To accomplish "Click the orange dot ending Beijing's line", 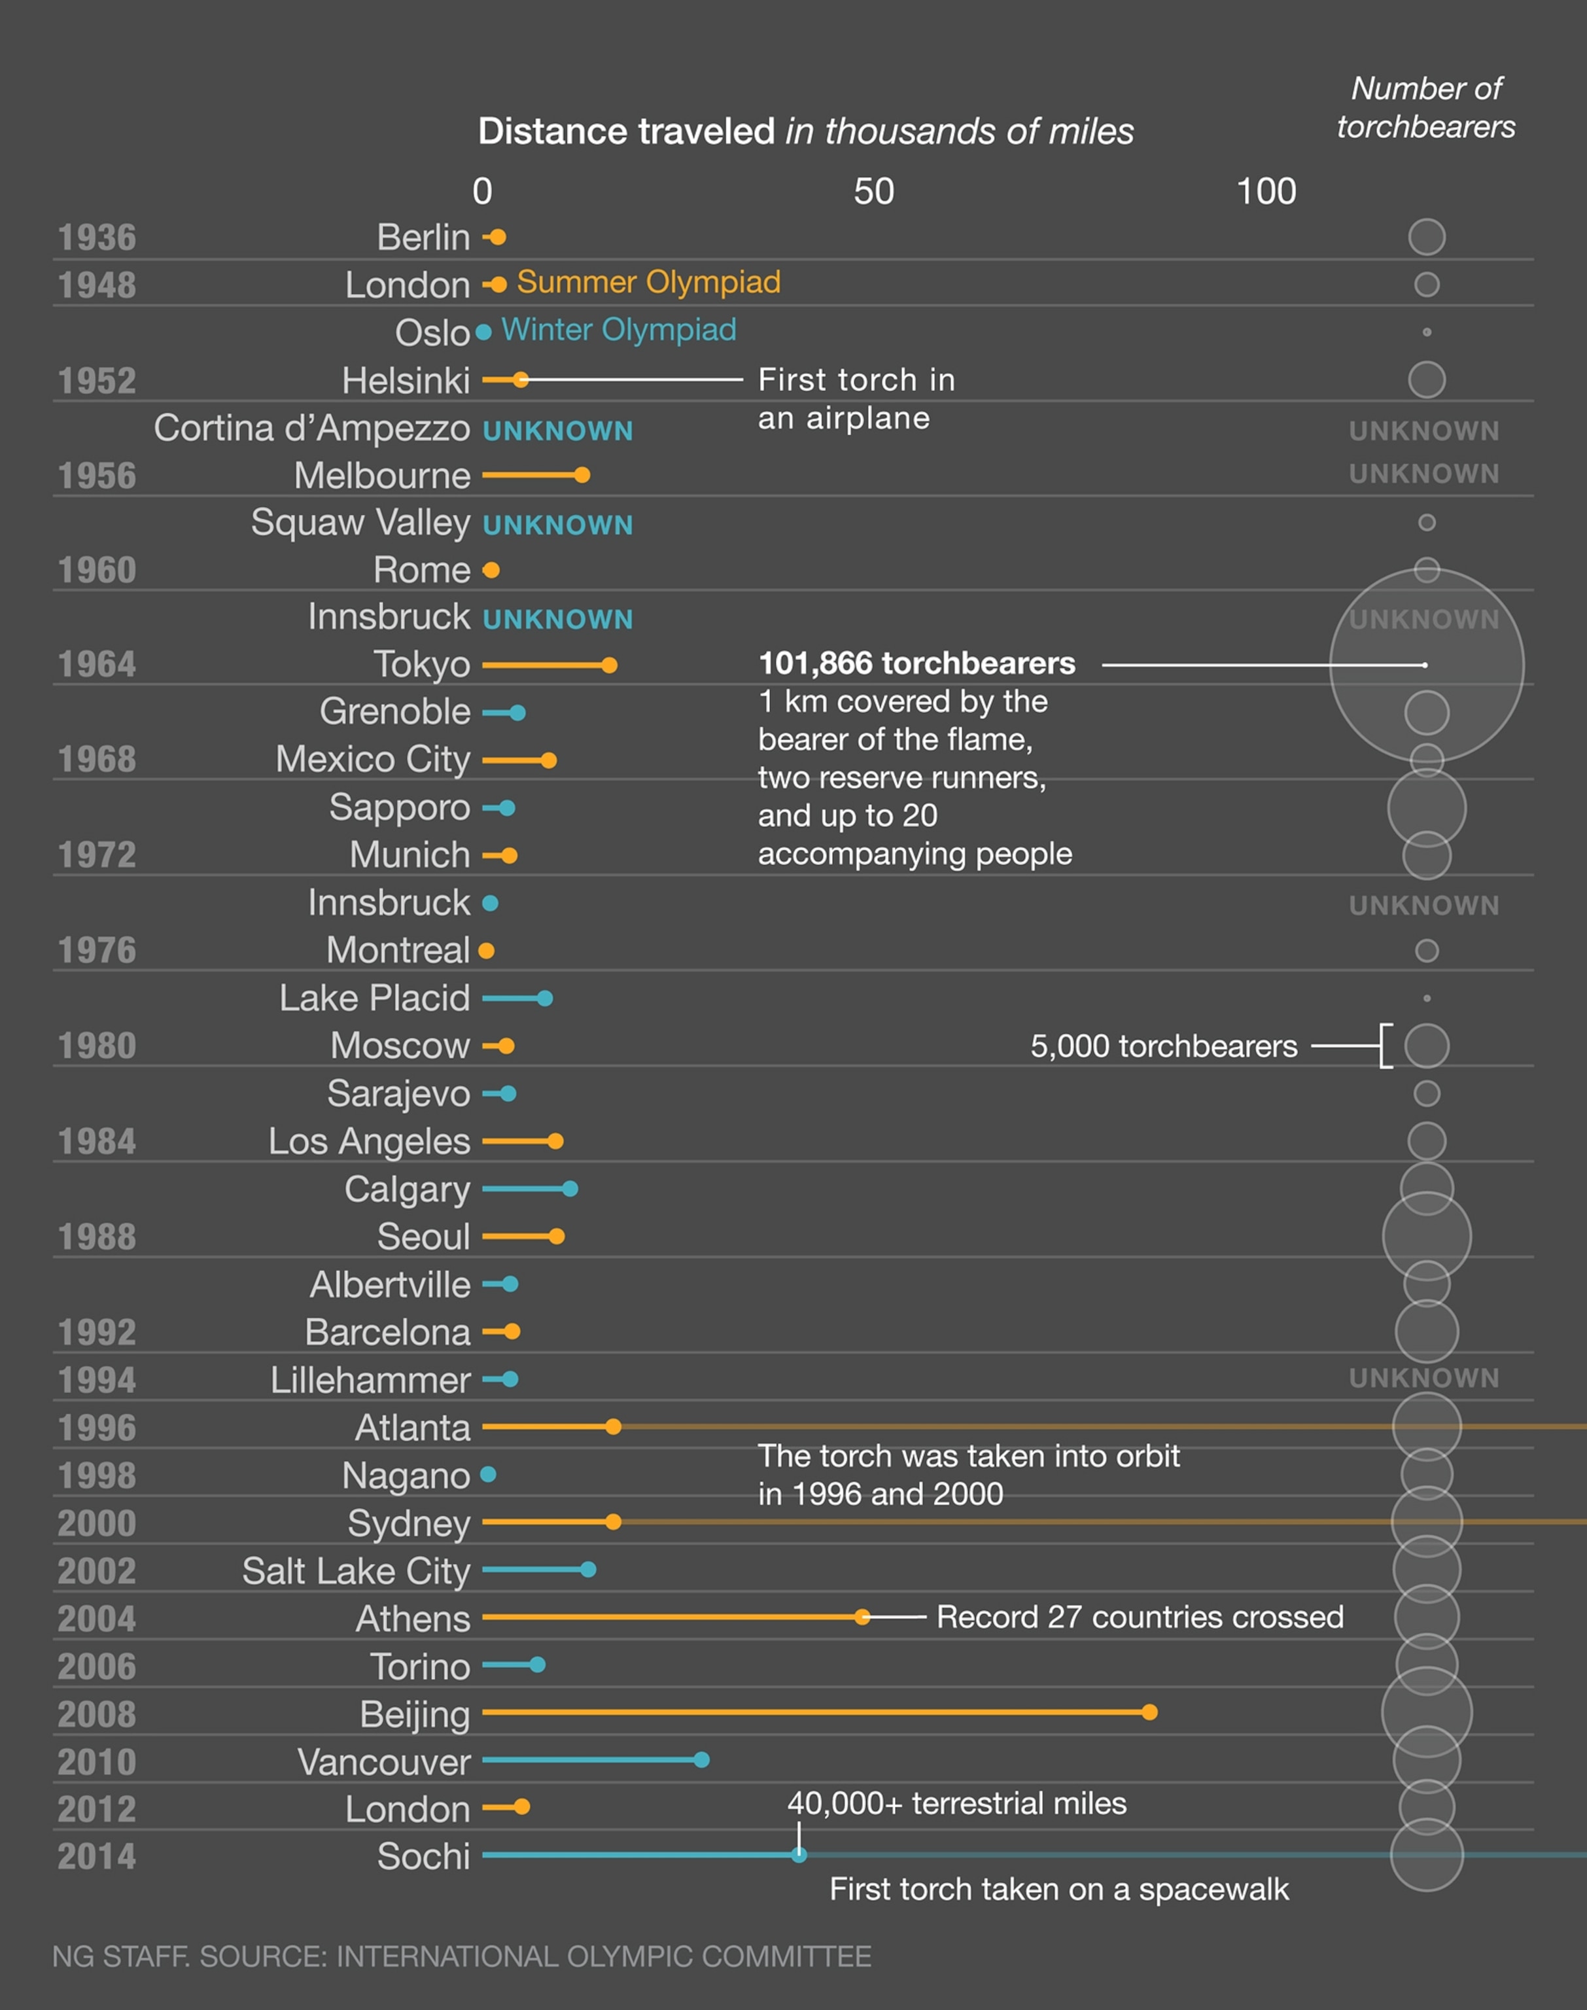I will [1149, 1712].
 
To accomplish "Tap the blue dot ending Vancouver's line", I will [701, 1759].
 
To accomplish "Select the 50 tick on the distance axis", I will [873, 192].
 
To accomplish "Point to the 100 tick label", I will [1266, 192].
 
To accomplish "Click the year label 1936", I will [97, 238].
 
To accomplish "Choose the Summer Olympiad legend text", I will [648, 281].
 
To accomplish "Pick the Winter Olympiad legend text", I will [618, 330].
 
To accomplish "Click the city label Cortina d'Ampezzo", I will [311, 429].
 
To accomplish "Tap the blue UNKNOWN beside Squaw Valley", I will [557, 525].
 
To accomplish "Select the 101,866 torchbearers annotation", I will [916, 663].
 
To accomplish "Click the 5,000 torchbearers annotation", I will [1163, 1046].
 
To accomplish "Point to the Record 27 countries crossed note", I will [1139, 1617].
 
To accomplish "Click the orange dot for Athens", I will [862, 1617].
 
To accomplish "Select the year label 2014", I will [97, 1857].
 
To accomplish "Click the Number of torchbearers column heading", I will [1426, 108].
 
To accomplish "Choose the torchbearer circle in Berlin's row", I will [1426, 237].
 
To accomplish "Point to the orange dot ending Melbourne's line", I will [582, 476].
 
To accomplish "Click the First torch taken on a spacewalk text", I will [1059, 1889].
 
